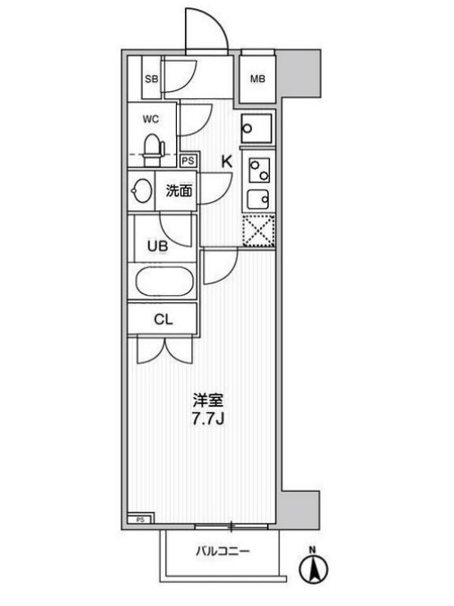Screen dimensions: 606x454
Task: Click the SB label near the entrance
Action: point(152,80)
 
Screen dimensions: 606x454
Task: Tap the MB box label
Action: point(257,79)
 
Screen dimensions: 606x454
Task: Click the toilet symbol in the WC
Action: point(152,144)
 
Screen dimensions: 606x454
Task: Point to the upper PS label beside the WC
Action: point(188,161)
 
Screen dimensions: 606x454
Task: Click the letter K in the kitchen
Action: point(227,162)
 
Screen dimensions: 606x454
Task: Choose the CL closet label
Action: point(162,320)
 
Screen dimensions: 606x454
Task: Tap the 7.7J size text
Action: point(208,419)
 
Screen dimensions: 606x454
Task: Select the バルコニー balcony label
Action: point(223,551)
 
